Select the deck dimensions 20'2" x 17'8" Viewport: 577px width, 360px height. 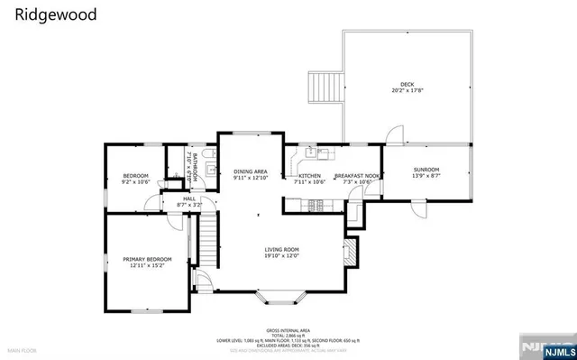tap(407, 90)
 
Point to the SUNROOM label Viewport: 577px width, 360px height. tap(426, 170)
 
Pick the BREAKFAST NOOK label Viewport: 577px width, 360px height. tap(357, 176)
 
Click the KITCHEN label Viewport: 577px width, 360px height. tap(309, 176)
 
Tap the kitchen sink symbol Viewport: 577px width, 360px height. tap(309, 151)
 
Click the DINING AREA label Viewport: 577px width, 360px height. tap(251, 171)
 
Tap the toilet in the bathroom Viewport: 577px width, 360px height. tap(208, 165)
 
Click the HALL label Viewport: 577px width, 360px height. tap(189, 198)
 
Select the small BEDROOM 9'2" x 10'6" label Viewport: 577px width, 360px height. tap(135, 176)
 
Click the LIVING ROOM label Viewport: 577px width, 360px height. tap(281, 250)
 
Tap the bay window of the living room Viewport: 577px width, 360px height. tap(281, 295)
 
